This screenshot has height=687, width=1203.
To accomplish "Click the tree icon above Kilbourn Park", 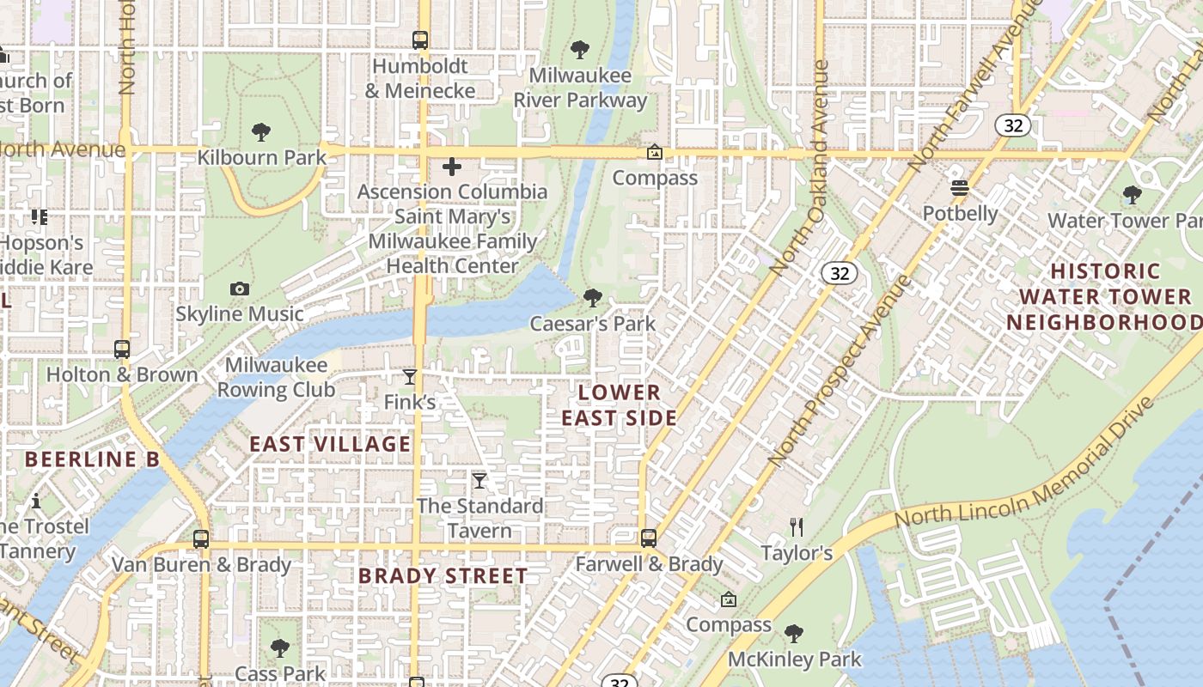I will coord(261,132).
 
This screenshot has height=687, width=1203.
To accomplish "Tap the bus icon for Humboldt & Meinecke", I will coord(419,40).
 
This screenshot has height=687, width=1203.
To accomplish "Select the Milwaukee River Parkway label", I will coord(580,88).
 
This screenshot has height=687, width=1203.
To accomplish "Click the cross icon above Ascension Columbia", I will coord(452,167).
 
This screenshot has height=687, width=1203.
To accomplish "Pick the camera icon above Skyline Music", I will coord(240,289).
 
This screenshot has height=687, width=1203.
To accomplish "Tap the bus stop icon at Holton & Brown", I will coord(122,350).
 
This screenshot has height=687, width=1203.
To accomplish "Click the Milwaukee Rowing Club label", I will coord(276,377).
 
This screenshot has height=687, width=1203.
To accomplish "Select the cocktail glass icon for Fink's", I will coord(410,377).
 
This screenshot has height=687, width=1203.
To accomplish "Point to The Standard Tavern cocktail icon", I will coord(479,480).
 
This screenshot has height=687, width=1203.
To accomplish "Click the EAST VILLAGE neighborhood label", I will coord(330,444).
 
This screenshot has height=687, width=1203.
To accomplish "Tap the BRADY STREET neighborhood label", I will coord(443,575).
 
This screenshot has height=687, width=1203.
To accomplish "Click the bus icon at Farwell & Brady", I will coord(649,538).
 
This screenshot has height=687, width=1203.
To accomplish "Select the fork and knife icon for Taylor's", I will coord(797,526).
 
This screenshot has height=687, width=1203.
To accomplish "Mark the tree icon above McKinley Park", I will coord(794,634).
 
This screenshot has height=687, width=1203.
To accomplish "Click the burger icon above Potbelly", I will coord(960,188).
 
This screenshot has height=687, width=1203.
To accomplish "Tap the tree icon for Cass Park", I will coord(279,648).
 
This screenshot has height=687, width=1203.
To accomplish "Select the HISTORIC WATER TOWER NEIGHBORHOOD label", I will coord(1105,297).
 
